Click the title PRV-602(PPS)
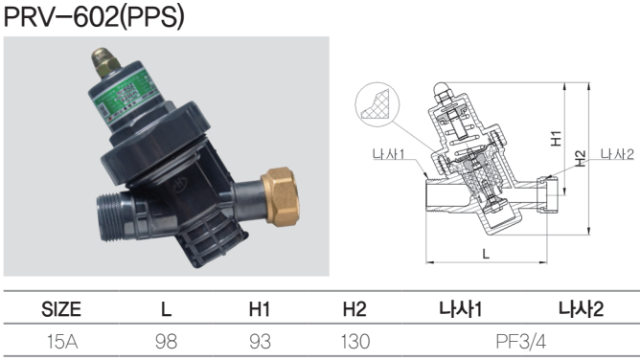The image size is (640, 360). point(94,16)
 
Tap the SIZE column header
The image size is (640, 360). point(61,309)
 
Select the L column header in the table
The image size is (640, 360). point(166,309)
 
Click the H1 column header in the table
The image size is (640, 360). point(260,309)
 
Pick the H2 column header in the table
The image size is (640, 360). point(354,309)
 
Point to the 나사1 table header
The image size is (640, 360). point(461,309)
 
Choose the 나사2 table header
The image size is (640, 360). point(581,309)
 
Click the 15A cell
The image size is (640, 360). point(62,342)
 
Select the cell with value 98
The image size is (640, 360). point(166,342)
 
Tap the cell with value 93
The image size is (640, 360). point(260,342)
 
